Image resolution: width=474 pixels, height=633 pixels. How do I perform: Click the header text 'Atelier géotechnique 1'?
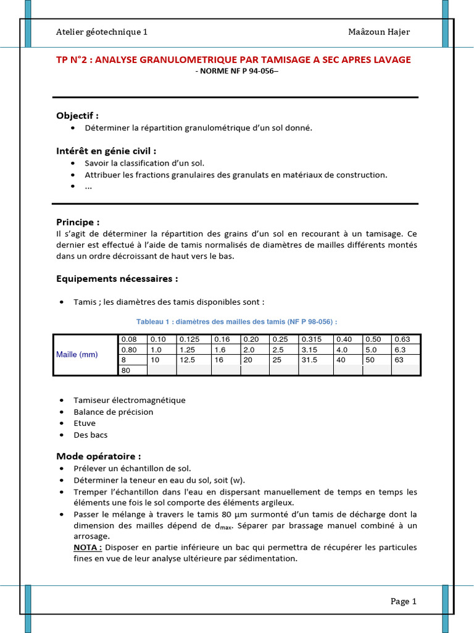[x=102, y=32]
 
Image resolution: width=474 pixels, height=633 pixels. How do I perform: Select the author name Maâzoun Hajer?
[x=378, y=32]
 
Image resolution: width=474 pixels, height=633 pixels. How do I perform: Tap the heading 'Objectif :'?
[x=77, y=116]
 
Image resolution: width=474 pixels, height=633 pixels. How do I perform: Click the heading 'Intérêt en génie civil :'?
[x=106, y=151]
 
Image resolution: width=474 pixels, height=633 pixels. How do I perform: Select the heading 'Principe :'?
[x=78, y=222]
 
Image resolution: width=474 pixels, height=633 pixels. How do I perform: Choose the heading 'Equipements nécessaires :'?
[x=117, y=279]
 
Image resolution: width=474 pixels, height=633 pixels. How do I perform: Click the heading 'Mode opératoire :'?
[x=99, y=456]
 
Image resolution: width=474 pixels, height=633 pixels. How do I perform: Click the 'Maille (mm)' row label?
[x=77, y=354]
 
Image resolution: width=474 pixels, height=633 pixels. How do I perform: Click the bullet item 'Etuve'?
[x=85, y=423]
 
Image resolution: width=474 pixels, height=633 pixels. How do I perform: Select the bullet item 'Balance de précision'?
[x=114, y=412]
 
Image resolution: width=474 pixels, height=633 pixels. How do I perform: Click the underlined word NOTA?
[x=87, y=548]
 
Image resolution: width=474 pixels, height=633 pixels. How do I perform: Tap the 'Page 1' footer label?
[x=404, y=601]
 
